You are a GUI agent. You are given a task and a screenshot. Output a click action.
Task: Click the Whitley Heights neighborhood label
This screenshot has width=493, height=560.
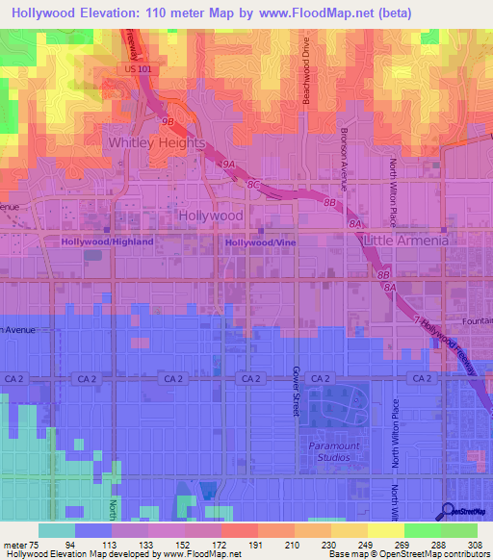156,142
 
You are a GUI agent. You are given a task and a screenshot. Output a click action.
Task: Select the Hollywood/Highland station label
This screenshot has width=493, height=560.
108,242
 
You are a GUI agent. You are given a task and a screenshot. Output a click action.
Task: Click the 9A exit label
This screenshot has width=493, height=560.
229,165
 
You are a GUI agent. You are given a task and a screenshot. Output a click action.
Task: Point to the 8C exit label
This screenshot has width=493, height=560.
254,183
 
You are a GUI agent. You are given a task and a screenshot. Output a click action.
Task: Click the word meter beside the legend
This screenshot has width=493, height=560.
15,545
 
